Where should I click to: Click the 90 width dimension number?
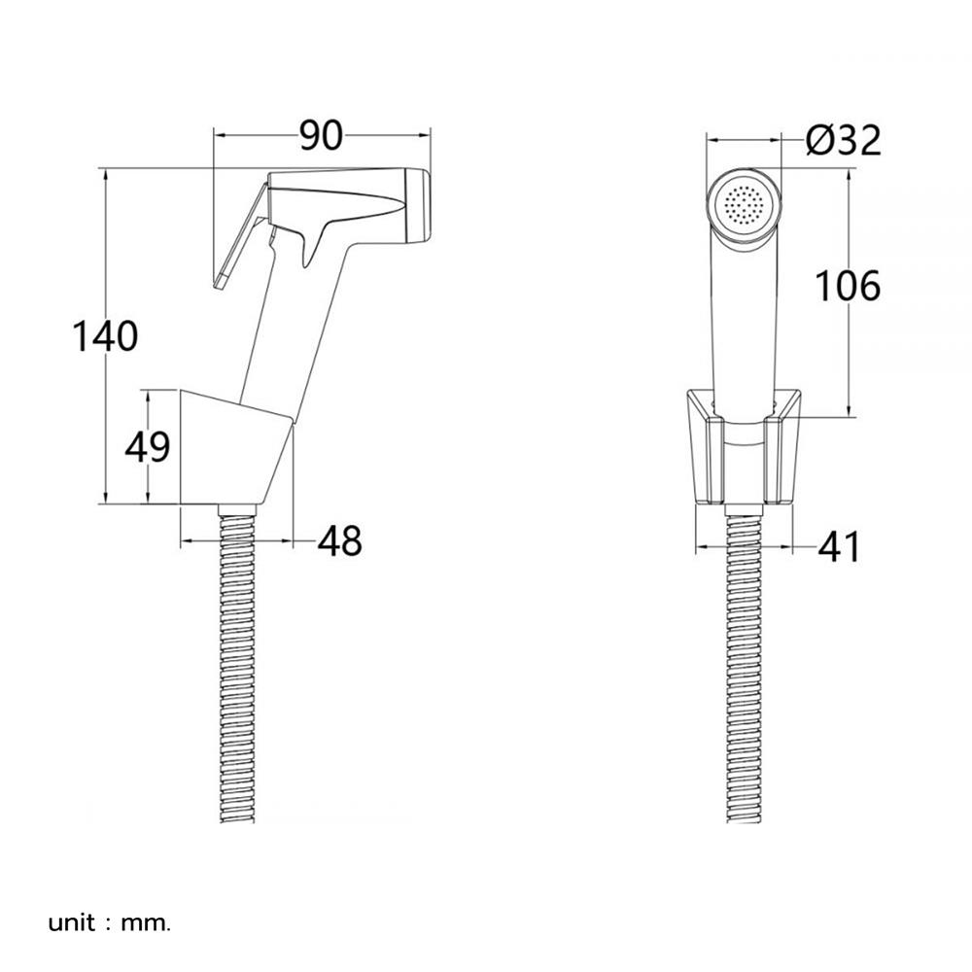click(321, 136)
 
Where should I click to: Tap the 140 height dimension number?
click(105, 336)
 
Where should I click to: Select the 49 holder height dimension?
click(148, 447)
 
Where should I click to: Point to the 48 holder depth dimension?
click(339, 540)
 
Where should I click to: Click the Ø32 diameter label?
click(843, 141)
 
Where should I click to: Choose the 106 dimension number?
click(847, 287)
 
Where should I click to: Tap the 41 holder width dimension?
click(840, 547)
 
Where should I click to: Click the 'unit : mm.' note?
click(109, 923)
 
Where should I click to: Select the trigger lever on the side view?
click(239, 236)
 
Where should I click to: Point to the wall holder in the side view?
click(235, 447)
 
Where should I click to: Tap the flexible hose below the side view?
click(238, 664)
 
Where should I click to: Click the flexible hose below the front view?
click(744, 664)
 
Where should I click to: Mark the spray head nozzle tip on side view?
click(417, 205)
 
